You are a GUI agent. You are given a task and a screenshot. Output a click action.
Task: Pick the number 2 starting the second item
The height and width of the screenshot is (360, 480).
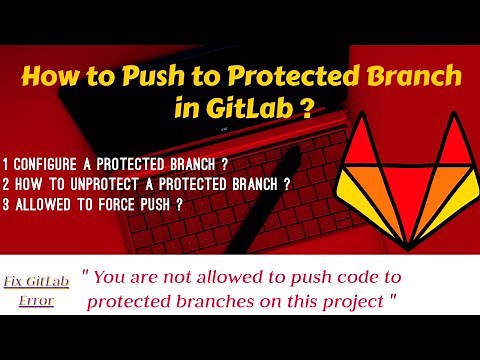click(x=7, y=184)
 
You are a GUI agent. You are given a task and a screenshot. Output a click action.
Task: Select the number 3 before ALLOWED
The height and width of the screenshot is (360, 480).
click(x=7, y=205)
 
